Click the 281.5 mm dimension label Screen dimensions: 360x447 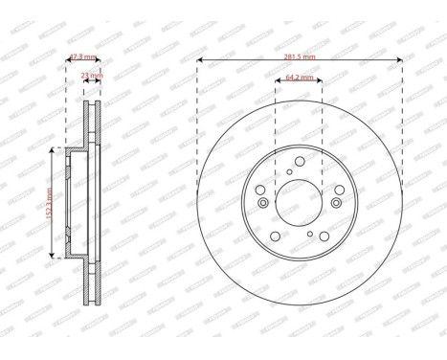(301, 56)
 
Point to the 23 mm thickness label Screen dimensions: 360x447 (91, 75)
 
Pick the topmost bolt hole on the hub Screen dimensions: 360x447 (300, 160)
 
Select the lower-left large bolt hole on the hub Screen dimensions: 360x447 (274, 238)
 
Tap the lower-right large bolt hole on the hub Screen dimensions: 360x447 (325, 238)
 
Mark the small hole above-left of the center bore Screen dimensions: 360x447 (288, 173)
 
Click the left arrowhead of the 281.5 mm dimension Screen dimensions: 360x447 (199, 63)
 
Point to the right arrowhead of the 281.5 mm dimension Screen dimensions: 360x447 (399, 63)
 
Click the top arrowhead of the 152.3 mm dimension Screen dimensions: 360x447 (55, 151)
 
